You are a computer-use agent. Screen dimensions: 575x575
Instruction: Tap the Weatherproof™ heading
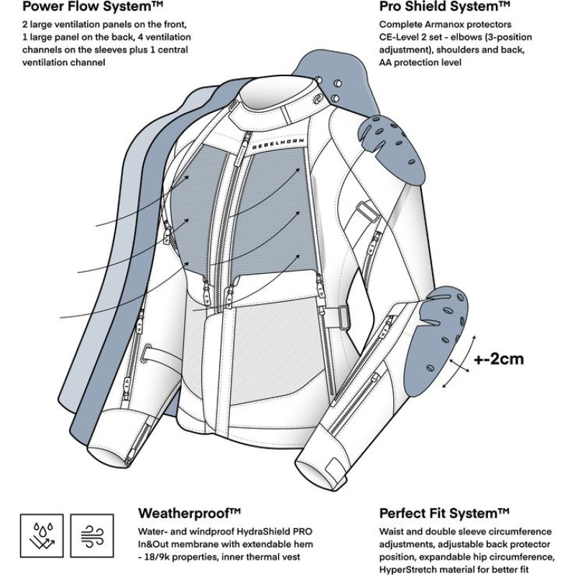tap(189, 513)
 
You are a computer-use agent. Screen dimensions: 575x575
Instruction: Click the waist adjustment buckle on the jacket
tap(345, 314)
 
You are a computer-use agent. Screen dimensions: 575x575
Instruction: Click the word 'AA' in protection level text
tap(387, 62)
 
